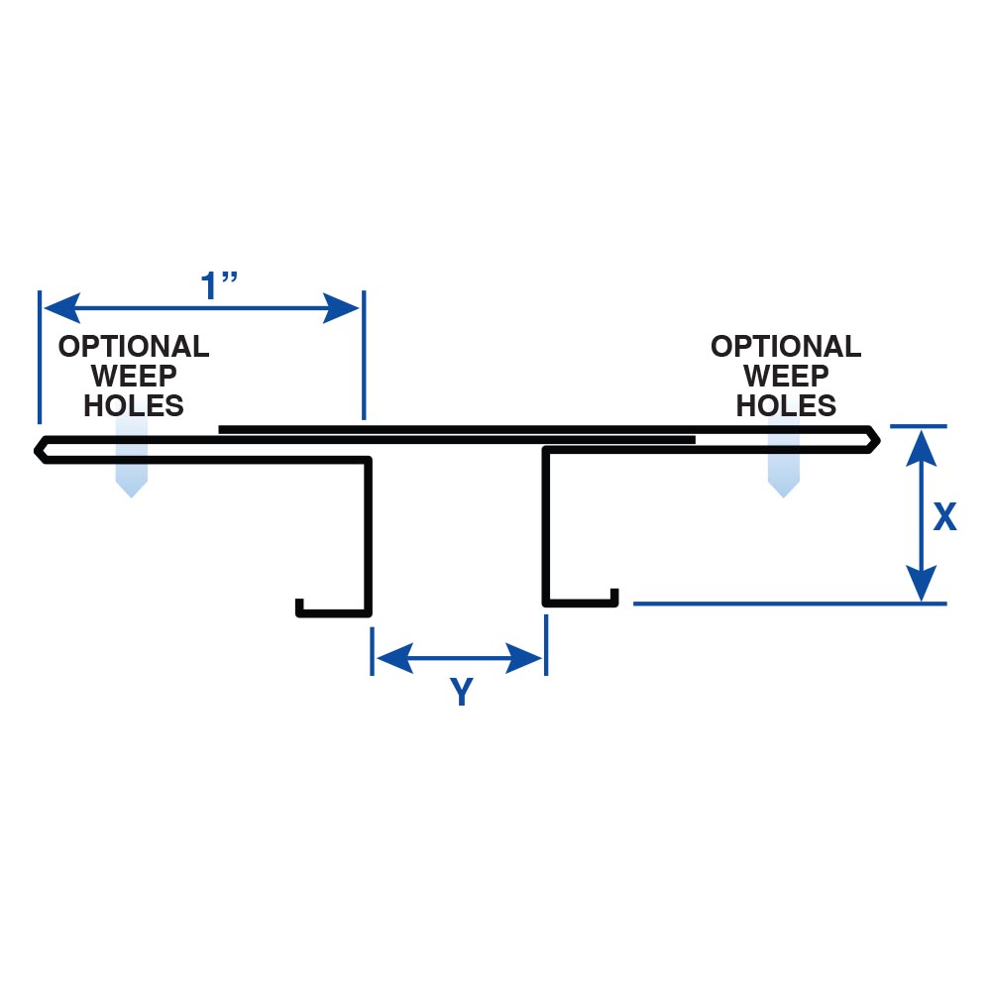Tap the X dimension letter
[x=944, y=516]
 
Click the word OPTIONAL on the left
[x=134, y=347]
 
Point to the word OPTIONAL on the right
[x=786, y=347]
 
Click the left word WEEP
[x=134, y=377]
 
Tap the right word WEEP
[x=786, y=377]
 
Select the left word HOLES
[x=134, y=405]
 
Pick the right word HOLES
[x=786, y=405]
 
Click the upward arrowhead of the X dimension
[x=923, y=442]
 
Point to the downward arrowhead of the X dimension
[x=923, y=587]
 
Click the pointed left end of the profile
[x=39, y=450]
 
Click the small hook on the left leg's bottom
[x=300, y=606]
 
